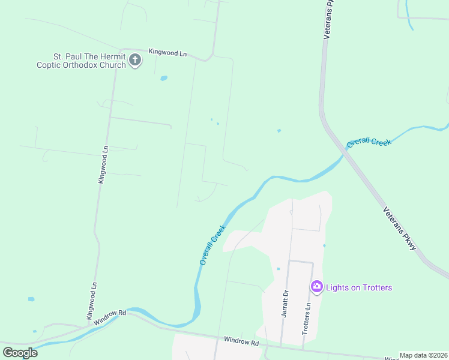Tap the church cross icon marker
pos(135,61)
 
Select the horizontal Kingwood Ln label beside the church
pos(167,53)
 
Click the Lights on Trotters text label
pos(359,287)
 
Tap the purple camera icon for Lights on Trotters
pos(316,287)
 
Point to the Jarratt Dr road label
pos(286,303)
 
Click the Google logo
pos(20,352)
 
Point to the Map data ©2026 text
pos(423,355)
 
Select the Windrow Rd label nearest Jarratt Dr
pos(241,342)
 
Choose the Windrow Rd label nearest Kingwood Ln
pos(109,317)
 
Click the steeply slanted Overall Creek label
pos(212,245)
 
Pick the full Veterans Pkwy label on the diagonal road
pos(400,229)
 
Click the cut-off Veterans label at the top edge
pos(328,20)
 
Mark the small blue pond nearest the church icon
pos(163,78)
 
